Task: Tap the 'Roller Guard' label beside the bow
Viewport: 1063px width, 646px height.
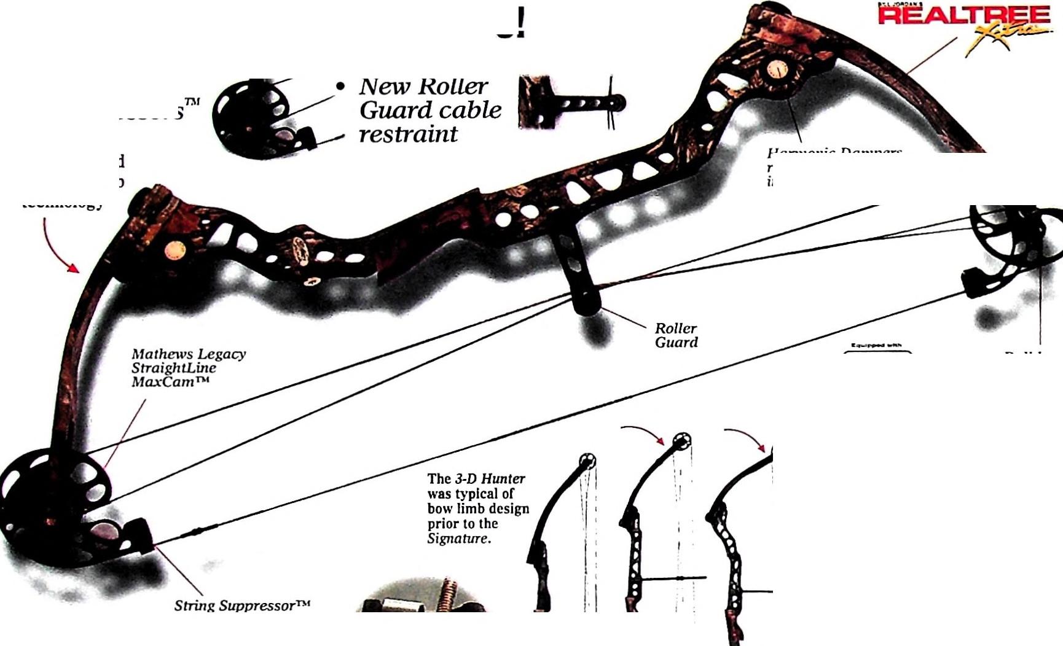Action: click(676, 335)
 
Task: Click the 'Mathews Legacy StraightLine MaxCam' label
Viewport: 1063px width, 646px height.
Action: click(188, 367)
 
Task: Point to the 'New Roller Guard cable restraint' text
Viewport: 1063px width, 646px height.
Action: click(430, 111)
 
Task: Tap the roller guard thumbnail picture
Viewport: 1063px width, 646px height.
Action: click(571, 103)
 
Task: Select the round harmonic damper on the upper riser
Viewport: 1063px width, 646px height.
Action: click(777, 69)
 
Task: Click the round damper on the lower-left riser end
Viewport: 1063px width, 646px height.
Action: click(175, 251)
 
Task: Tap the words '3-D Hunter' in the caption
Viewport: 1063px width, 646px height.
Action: click(489, 479)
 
